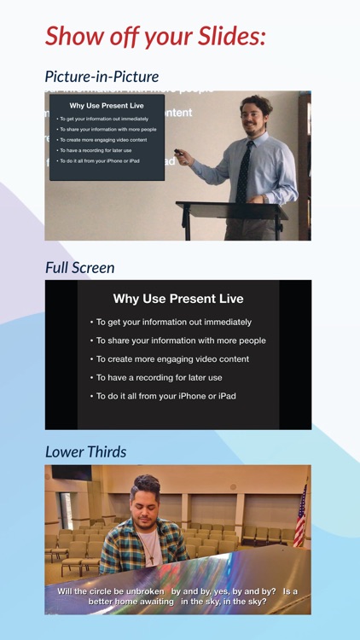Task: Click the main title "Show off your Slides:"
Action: [x=155, y=35]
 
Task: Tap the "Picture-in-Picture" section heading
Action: [x=102, y=77]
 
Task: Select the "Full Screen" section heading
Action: [x=79, y=267]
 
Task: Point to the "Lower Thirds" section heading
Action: [x=85, y=451]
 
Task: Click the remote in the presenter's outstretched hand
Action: [x=178, y=159]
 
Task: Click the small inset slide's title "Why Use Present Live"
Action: [x=107, y=106]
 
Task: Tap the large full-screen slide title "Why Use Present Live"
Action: [x=178, y=299]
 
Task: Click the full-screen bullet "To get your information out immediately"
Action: [x=173, y=323]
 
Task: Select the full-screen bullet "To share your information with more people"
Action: [x=180, y=340]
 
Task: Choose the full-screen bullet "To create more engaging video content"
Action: [x=171, y=359]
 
